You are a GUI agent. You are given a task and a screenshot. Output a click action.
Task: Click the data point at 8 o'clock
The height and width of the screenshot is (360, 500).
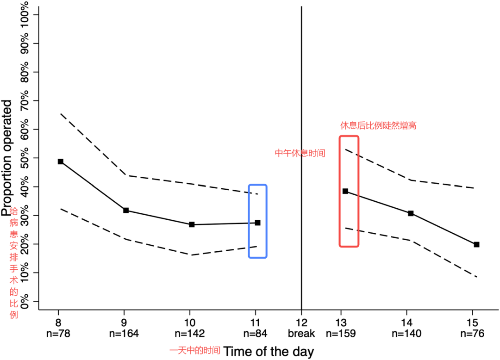tap(60, 161)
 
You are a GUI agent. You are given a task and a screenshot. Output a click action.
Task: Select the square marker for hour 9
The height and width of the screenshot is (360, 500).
tap(126, 211)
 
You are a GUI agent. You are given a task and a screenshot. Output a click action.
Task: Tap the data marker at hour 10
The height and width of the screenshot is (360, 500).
tap(192, 224)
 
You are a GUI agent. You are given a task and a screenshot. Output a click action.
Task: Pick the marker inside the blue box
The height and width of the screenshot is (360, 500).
tap(257, 223)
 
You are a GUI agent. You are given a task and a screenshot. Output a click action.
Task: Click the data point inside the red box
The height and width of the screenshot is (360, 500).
tap(345, 191)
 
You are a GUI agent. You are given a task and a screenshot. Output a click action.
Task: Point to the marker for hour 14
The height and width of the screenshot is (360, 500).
tap(411, 213)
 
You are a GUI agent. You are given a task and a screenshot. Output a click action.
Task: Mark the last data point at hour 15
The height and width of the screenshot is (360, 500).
tap(476, 244)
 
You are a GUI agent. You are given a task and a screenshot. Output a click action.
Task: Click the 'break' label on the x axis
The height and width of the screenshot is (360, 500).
tap(301, 333)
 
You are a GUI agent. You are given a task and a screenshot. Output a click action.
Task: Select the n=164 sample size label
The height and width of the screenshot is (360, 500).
tap(124, 333)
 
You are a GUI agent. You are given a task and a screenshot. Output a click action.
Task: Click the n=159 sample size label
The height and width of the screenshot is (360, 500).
tap(341, 333)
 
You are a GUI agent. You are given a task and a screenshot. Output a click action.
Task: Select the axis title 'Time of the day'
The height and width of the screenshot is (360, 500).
tap(269, 351)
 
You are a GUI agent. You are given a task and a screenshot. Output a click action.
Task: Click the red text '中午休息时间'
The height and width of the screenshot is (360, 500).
tap(300, 153)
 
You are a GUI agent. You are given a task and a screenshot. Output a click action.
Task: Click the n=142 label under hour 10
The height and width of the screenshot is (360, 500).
tap(189, 333)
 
